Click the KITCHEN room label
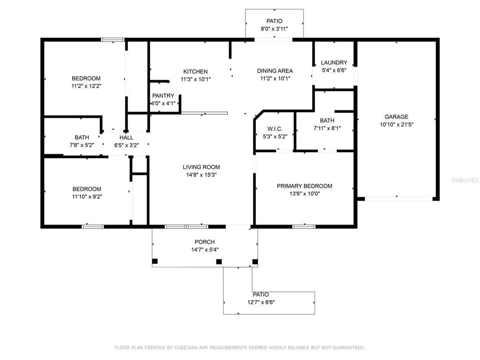(195, 72)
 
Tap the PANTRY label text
(163, 96)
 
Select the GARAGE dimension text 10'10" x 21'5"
(397, 125)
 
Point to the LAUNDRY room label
(334, 63)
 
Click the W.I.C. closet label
(275, 129)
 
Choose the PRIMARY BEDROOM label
(304, 186)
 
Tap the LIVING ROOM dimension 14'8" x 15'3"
(201, 175)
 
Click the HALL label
(126, 138)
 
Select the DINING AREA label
(275, 71)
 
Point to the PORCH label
(204, 242)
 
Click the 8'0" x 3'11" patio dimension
(274, 29)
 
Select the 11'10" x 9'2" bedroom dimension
(86, 197)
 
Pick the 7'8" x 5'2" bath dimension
(82, 145)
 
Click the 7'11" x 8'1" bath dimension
(327, 128)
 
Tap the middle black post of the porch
(218, 262)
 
